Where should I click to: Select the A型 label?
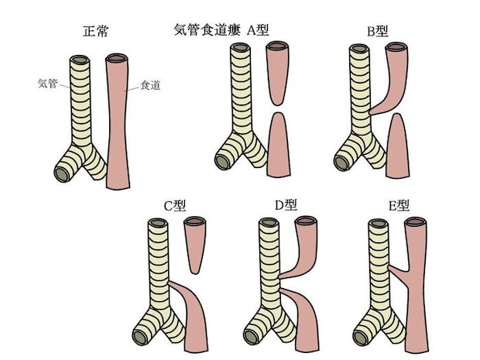(263, 31)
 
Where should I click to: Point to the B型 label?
(378, 32)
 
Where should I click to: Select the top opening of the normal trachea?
(81, 60)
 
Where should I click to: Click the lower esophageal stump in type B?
(397, 143)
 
